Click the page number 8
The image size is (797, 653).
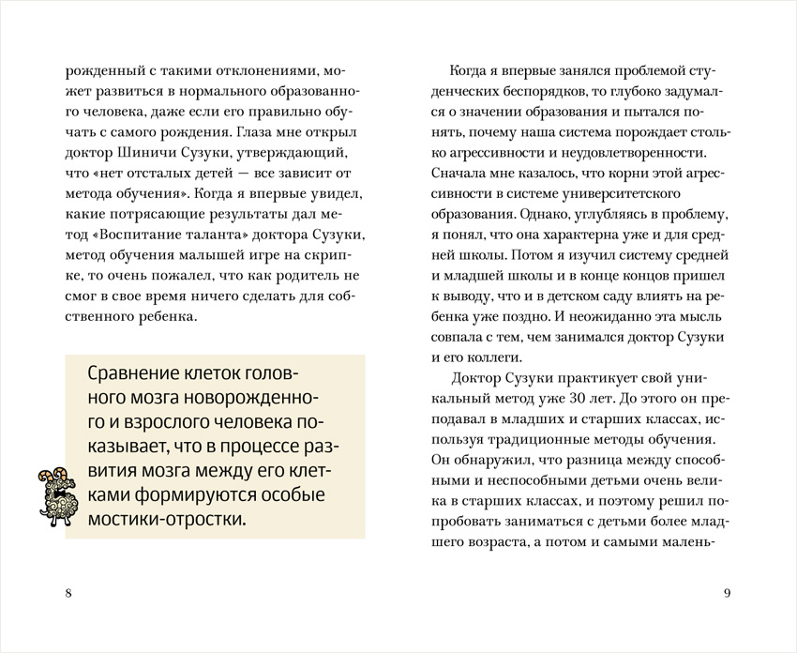68,593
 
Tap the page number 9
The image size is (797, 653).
728,593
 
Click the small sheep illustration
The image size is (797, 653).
53,494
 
